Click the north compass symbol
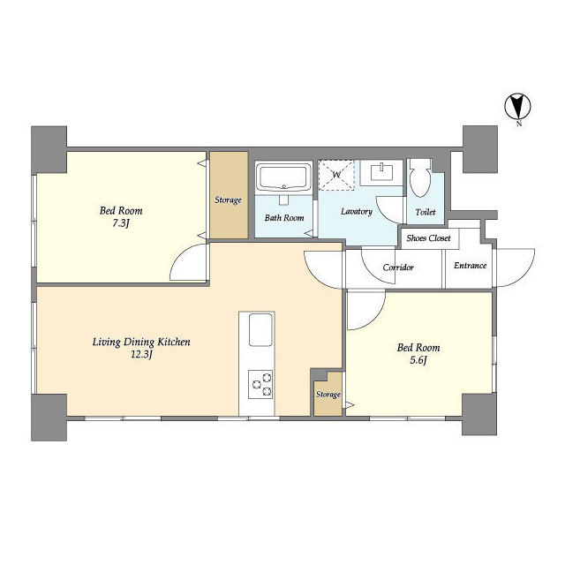(518, 107)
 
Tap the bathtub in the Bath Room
(283, 177)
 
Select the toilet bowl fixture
(420, 178)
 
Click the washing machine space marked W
(336, 175)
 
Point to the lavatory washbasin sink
(381, 173)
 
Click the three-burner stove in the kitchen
(261, 384)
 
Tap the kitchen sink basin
(261, 329)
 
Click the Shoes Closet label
(428, 238)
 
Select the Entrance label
(470, 266)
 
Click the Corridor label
(398, 267)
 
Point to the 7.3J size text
(121, 223)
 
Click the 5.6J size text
(418, 360)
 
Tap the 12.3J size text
(141, 355)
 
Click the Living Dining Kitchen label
(141, 342)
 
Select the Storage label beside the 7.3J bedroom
(228, 200)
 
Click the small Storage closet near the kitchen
(328, 394)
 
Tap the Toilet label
(426, 212)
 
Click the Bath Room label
(284, 218)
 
